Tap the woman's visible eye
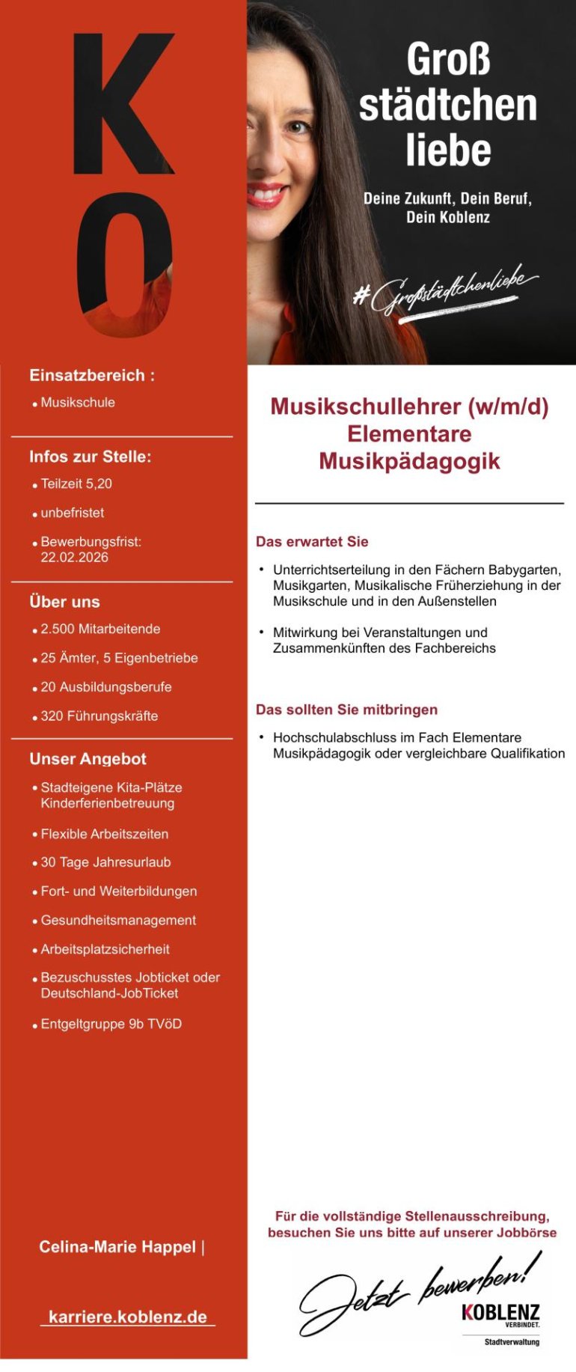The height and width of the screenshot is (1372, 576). tap(297, 126)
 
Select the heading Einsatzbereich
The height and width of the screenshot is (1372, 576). tap(91, 376)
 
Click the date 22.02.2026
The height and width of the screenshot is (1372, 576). tap(75, 558)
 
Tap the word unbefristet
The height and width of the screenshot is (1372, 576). tap(73, 513)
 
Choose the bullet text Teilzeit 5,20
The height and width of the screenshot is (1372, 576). tap(76, 484)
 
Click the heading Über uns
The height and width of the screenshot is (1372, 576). tap(64, 602)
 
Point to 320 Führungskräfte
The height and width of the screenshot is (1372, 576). tap(99, 716)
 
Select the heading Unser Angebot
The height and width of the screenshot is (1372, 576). tap(88, 759)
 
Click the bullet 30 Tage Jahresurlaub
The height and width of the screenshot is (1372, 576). tap(105, 862)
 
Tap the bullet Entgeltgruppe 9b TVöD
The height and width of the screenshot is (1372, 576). tap(111, 1024)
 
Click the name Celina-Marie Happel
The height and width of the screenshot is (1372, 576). tap(117, 1247)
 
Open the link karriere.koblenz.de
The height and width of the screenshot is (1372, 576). tap(128, 1317)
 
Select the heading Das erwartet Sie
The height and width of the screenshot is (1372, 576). tap(312, 542)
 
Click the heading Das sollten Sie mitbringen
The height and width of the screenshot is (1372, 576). tap(346, 710)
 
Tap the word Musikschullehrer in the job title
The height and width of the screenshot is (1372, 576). tap(365, 406)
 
